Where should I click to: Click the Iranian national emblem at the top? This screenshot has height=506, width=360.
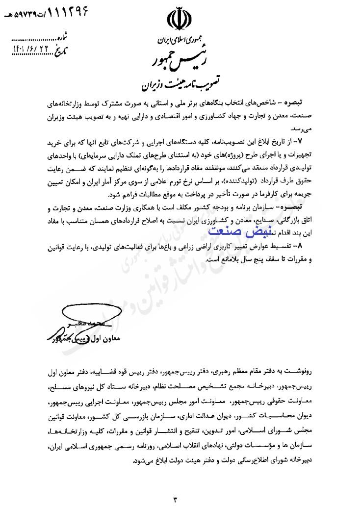click(179, 18)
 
